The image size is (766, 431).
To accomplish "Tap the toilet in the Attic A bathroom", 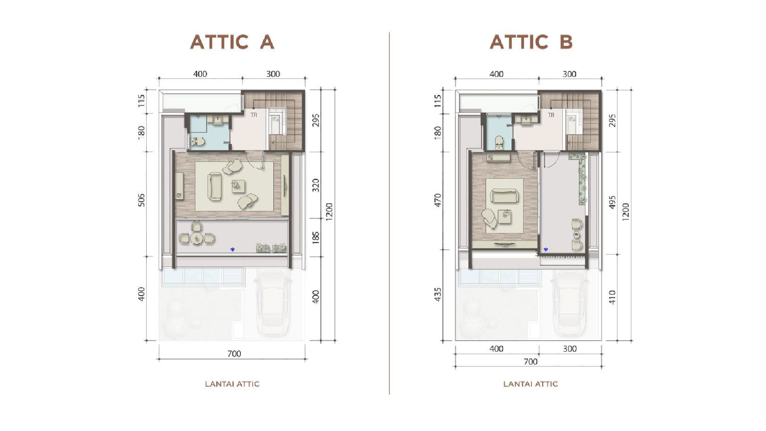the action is tap(198, 142).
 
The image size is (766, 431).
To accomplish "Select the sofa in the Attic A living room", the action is tap(214, 187).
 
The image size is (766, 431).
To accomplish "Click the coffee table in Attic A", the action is tap(238, 186).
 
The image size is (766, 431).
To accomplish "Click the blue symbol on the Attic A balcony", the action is tap(232, 250).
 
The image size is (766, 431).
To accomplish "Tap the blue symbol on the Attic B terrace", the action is tap(546, 250).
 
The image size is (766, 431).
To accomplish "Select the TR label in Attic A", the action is tap(254, 115).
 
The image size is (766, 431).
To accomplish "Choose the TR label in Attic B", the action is tap(551, 115).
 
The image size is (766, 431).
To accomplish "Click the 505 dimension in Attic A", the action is tap(141, 200).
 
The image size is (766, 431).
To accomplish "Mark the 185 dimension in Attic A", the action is tap(316, 237).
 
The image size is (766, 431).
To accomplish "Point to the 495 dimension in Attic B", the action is tap(612, 202).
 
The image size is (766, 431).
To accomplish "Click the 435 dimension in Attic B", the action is tap(438, 294).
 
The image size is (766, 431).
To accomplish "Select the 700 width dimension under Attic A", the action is tap(234, 354).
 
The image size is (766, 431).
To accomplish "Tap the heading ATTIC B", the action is tap(531, 42).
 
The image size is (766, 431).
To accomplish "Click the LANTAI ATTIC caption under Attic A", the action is tap(232, 384).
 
